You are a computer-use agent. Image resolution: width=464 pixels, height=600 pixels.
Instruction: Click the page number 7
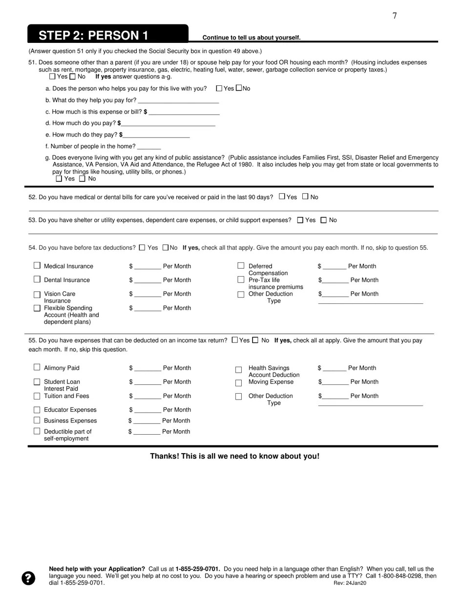pyautogui.click(x=395, y=16)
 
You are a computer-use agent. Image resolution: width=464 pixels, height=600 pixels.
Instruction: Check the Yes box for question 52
pyautogui.click(x=282, y=197)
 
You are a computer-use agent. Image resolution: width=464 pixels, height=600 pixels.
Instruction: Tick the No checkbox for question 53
pyautogui.click(x=323, y=220)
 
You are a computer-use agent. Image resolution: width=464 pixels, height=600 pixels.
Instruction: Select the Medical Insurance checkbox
pyautogui.click(x=37, y=265)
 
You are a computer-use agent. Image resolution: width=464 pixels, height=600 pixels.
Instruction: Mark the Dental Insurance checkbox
pyautogui.click(x=37, y=279)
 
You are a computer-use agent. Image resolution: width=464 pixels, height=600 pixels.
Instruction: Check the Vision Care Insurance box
pyautogui.click(x=37, y=295)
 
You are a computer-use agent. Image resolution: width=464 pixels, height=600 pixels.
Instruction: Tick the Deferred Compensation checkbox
pyautogui.click(x=241, y=265)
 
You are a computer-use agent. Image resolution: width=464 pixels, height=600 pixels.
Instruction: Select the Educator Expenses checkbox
pyautogui.click(x=37, y=410)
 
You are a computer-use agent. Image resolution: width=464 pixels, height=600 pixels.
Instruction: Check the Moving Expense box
pyautogui.click(x=239, y=383)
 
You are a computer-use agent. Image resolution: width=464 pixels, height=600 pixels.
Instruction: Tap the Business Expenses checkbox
pyautogui.click(x=37, y=420)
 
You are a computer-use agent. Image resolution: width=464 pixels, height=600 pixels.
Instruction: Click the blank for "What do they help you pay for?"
pyautogui.click(x=178, y=100)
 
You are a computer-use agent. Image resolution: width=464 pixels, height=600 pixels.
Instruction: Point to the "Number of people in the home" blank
pyautogui.click(x=149, y=146)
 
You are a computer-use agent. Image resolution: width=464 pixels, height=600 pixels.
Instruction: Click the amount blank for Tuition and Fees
pyautogui.click(x=148, y=396)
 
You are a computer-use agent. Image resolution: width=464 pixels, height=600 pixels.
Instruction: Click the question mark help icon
pyautogui.click(x=28, y=578)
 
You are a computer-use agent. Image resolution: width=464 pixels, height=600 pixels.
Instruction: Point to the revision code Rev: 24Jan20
pyautogui.click(x=350, y=583)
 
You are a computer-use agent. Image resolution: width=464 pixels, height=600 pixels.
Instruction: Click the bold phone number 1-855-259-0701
pyautogui.click(x=198, y=569)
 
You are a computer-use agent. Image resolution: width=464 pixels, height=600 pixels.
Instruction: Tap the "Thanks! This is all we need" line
pyautogui.click(x=234, y=456)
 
